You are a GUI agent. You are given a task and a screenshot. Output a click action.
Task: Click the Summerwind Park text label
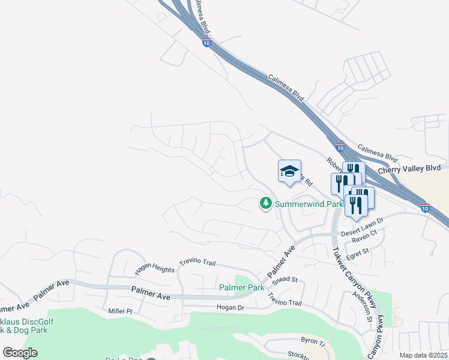[x=309, y=204]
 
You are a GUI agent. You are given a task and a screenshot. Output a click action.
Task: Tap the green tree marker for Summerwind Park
[x=265, y=204]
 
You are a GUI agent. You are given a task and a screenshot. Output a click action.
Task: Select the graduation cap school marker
[x=289, y=172]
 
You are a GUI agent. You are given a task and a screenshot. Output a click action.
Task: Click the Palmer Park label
[x=241, y=288]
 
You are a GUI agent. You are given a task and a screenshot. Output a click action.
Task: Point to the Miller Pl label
[x=120, y=311]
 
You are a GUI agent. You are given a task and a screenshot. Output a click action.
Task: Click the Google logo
[x=20, y=353]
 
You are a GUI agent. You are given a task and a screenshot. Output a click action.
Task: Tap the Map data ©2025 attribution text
[x=423, y=355]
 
